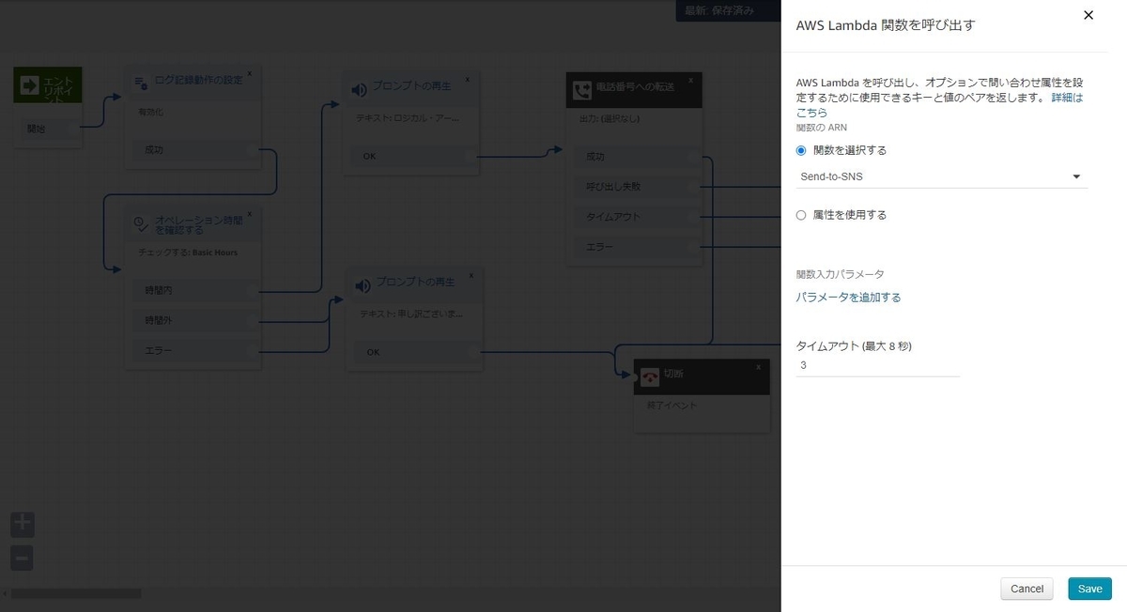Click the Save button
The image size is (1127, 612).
click(1089, 589)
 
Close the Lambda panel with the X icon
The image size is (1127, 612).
click(1088, 15)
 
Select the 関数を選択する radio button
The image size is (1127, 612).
click(801, 150)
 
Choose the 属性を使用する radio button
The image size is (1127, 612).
click(801, 215)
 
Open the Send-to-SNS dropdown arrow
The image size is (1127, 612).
click(1076, 176)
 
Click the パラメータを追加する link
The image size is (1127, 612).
click(848, 298)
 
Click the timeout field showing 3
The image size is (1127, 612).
click(877, 364)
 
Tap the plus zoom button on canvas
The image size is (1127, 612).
click(22, 524)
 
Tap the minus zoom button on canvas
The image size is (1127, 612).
click(22, 558)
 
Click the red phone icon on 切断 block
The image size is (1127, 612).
click(650, 376)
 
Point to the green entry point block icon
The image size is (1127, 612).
click(29, 85)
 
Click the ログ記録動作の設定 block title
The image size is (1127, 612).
click(198, 80)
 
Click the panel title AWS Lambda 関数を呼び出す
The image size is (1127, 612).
click(885, 25)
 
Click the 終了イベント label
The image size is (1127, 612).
click(672, 406)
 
